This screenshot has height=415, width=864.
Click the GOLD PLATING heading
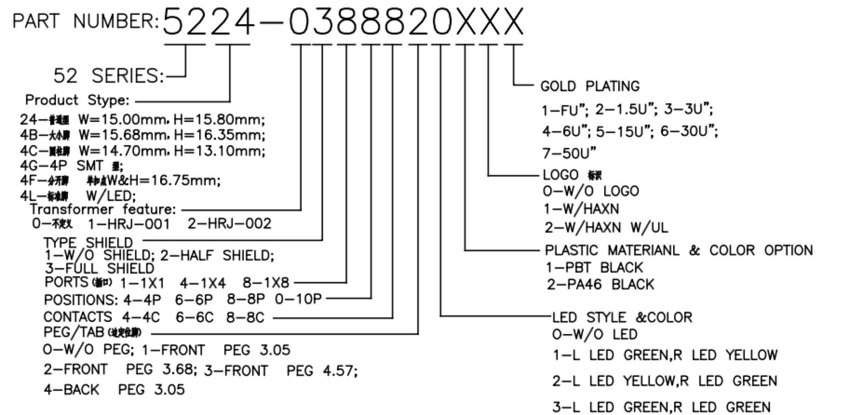(x=590, y=86)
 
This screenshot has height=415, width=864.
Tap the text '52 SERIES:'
(x=109, y=75)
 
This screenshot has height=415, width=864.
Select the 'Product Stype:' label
(x=77, y=100)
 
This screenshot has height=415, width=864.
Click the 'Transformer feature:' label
(x=103, y=209)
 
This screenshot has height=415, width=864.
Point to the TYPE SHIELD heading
(x=88, y=242)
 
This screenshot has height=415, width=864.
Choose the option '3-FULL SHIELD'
(x=99, y=268)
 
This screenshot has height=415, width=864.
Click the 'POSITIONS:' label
(x=81, y=300)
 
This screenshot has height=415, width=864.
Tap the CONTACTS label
(x=78, y=317)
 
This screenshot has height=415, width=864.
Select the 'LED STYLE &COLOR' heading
(x=622, y=317)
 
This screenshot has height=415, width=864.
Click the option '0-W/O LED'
(x=594, y=334)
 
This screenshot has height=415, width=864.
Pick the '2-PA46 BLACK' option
(x=600, y=284)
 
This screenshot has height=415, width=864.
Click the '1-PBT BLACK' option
(x=594, y=268)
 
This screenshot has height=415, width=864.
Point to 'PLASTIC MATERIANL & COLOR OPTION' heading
(x=678, y=250)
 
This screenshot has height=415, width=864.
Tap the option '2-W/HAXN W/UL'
(x=606, y=228)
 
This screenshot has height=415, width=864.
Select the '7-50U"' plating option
(x=568, y=153)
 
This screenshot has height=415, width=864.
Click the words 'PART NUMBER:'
(x=85, y=21)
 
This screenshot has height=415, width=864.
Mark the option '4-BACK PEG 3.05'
(x=114, y=389)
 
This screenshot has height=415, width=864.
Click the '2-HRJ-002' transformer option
(x=229, y=224)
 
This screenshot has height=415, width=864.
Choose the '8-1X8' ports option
(x=266, y=282)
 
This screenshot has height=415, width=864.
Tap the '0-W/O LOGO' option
(x=591, y=191)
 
